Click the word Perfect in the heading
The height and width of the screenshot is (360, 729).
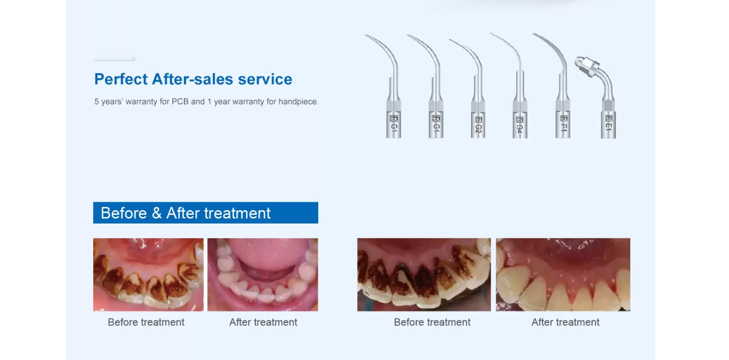tap(121, 79)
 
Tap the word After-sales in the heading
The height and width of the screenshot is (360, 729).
tap(193, 79)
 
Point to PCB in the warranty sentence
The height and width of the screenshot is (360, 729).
tap(180, 101)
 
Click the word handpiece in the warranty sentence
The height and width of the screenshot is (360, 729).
tap(298, 101)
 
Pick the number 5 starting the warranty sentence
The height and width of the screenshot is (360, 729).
tap(97, 101)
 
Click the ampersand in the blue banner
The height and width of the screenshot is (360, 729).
tap(156, 213)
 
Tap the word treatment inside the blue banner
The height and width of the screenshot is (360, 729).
tap(237, 213)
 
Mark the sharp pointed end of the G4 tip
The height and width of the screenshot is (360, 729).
tap(491, 33)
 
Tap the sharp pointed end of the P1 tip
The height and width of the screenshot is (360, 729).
tap(534, 34)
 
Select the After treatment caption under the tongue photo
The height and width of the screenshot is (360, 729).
tap(263, 322)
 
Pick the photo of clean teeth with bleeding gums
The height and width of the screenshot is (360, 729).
tap(563, 275)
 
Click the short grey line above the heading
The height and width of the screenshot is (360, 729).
tap(114, 59)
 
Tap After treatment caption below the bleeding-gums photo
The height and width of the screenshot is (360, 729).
tap(565, 322)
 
